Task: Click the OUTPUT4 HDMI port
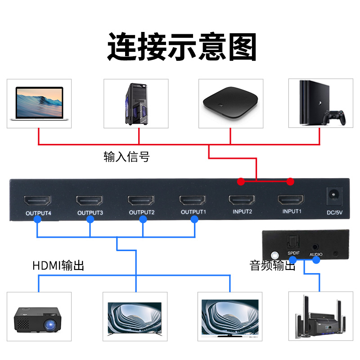click(x=38, y=200)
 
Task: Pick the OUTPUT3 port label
click(x=90, y=212)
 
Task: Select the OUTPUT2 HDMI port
click(x=142, y=200)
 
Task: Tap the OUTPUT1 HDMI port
click(x=193, y=200)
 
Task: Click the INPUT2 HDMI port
click(x=242, y=200)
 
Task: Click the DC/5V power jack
click(x=334, y=195)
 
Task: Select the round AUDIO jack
click(x=316, y=247)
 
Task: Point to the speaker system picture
click(x=320, y=317)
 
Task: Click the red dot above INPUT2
click(x=241, y=182)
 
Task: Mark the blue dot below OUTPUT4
click(x=37, y=220)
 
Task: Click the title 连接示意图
click(x=182, y=47)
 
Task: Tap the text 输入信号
click(x=126, y=157)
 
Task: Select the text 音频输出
click(x=272, y=265)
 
